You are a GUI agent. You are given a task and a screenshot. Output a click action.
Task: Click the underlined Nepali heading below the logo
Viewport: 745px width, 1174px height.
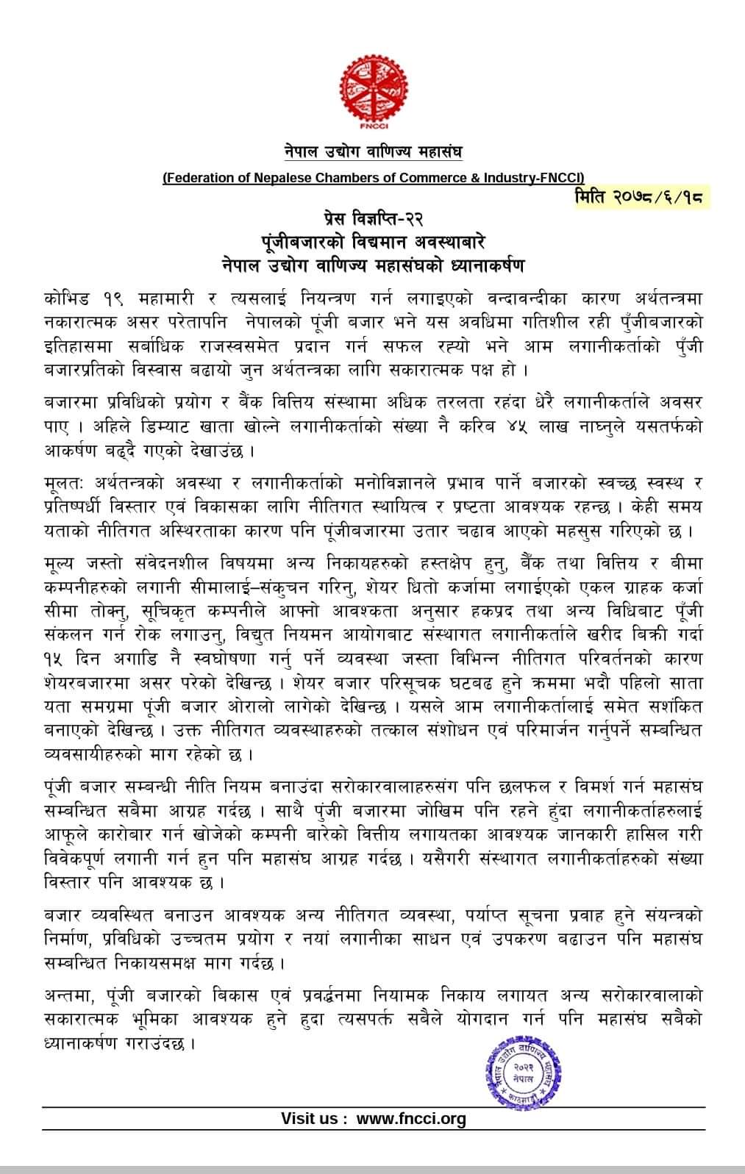[x=373, y=153]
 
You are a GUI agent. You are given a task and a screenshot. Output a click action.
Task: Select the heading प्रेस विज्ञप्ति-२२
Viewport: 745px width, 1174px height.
[x=373, y=220]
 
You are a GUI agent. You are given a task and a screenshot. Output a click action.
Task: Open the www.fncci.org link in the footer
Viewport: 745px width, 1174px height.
[x=411, y=1119]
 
